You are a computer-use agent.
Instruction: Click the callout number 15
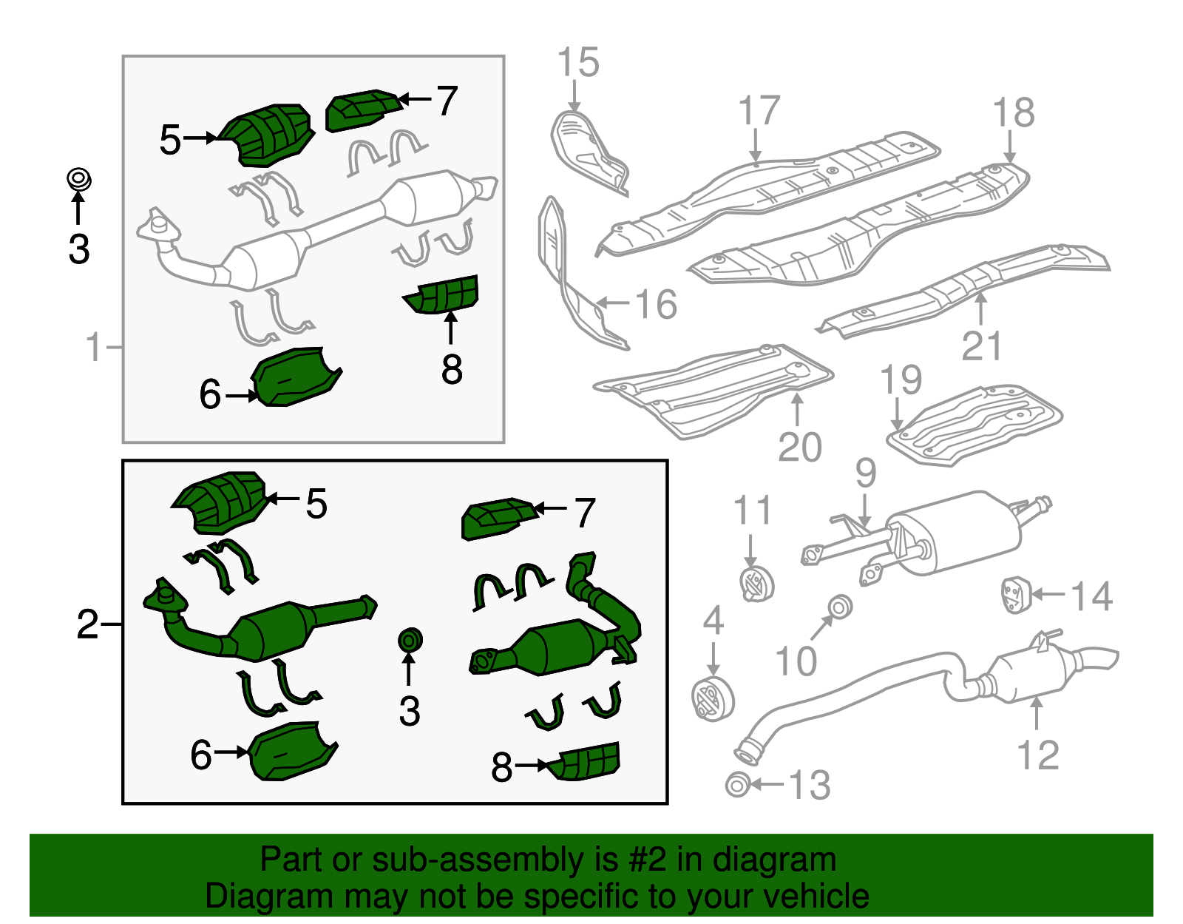coord(577,62)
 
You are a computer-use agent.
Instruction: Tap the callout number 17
coord(759,111)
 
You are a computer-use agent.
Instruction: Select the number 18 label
coord(1013,113)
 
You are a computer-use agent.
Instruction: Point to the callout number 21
coord(981,345)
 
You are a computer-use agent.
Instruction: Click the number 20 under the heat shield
coord(799,447)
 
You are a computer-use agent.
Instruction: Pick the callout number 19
coord(901,380)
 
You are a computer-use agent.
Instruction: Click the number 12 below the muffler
coord(1037,755)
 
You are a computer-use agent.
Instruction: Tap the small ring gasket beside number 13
coord(737,785)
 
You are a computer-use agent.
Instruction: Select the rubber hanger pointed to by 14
coord(1011,596)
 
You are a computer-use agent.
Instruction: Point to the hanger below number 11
coord(755,584)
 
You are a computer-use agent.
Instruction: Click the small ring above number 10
coord(839,607)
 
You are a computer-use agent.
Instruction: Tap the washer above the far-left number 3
coord(78,179)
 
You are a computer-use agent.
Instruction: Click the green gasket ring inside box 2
coord(410,640)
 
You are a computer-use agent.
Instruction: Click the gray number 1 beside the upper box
coord(93,346)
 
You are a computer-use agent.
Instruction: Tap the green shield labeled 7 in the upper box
coord(362,110)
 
